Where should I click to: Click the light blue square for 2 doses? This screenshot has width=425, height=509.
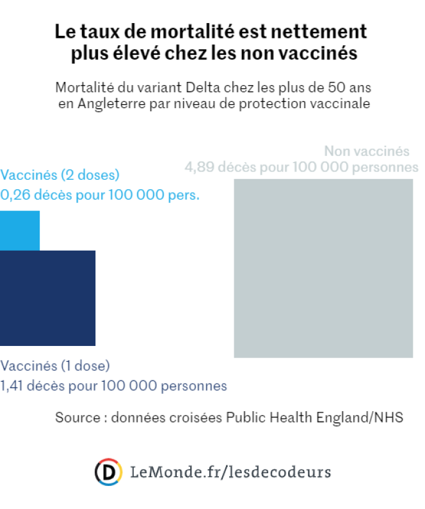click(20, 231)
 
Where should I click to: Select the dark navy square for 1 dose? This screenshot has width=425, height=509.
click(47, 297)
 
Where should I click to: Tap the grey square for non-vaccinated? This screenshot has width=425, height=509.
click(323, 268)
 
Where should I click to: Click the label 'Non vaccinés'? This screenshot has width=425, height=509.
click(366, 152)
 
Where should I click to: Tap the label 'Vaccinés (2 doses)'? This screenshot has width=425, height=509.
click(60, 175)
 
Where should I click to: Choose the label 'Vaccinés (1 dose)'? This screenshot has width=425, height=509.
click(55, 366)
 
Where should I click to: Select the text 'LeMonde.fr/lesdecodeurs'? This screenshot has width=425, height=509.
click(230, 472)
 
